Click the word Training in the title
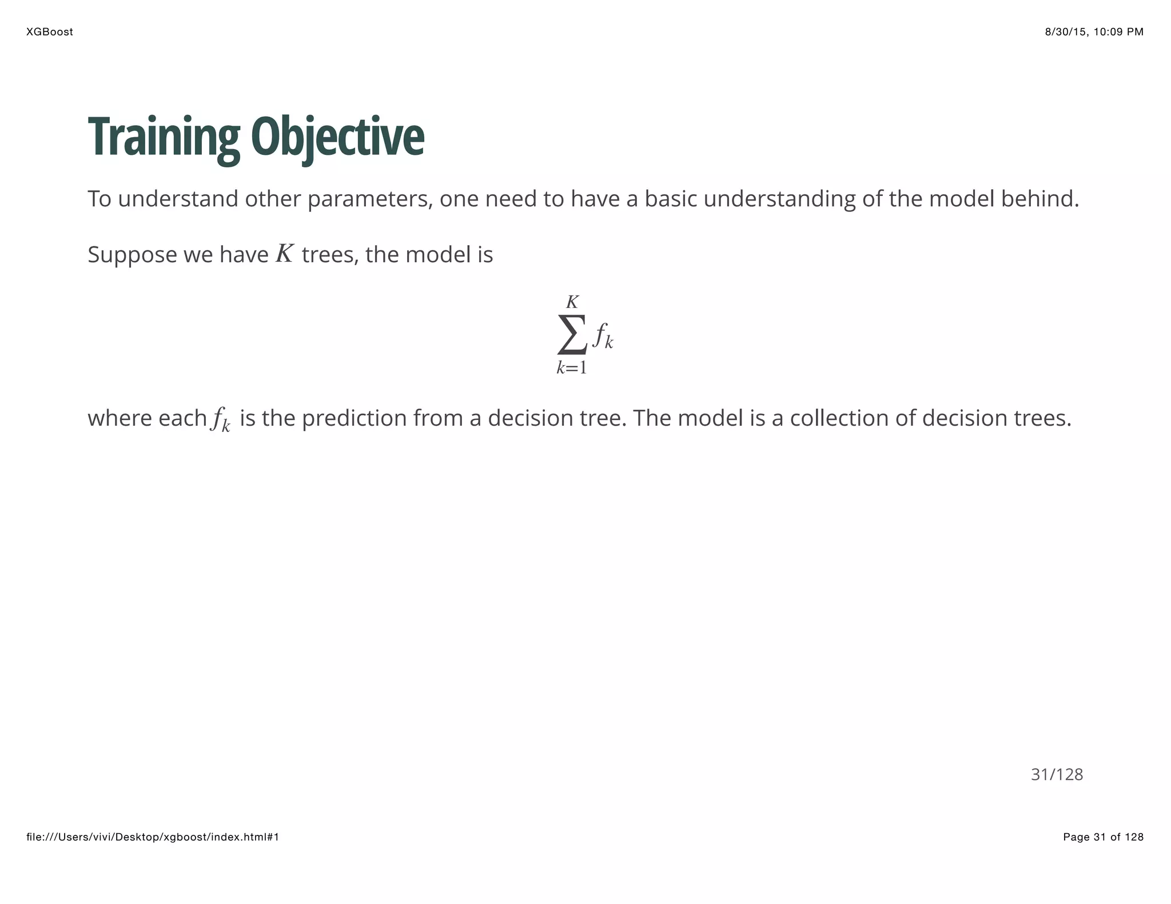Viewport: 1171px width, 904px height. tap(164, 137)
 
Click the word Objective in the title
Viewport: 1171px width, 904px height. tap(337, 137)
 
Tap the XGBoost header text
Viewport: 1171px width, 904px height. tap(50, 32)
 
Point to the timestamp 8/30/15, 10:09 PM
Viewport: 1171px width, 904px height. tap(1094, 32)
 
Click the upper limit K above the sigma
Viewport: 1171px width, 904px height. tap(572, 302)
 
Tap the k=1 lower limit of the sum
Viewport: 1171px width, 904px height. tap(572, 367)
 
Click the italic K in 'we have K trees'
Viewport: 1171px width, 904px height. tap(285, 254)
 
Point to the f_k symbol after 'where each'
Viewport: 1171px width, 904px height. tap(221, 419)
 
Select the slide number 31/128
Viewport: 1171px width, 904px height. tap(1057, 774)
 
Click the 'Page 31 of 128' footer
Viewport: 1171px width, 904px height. tap(1103, 837)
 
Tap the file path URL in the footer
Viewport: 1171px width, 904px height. tap(153, 837)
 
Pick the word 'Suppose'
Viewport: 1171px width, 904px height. tap(132, 255)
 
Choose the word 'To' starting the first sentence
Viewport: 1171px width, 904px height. tap(99, 199)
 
